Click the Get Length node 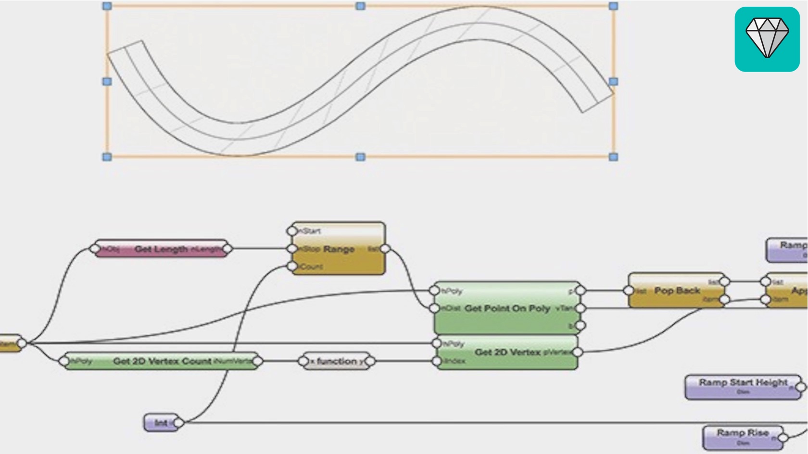(x=161, y=249)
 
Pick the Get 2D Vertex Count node (x=162, y=361)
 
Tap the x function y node (x=337, y=361)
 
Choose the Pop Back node (x=677, y=291)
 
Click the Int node (x=161, y=423)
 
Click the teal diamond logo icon (x=767, y=39)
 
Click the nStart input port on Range (x=292, y=231)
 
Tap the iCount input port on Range (x=292, y=266)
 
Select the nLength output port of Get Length (x=227, y=249)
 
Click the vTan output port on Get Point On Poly (x=581, y=308)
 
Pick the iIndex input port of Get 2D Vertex (x=436, y=361)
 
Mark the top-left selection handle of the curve (x=107, y=6)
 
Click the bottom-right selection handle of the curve (x=613, y=157)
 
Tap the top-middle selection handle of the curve (x=360, y=6)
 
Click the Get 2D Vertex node (x=507, y=352)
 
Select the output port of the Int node (x=178, y=423)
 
